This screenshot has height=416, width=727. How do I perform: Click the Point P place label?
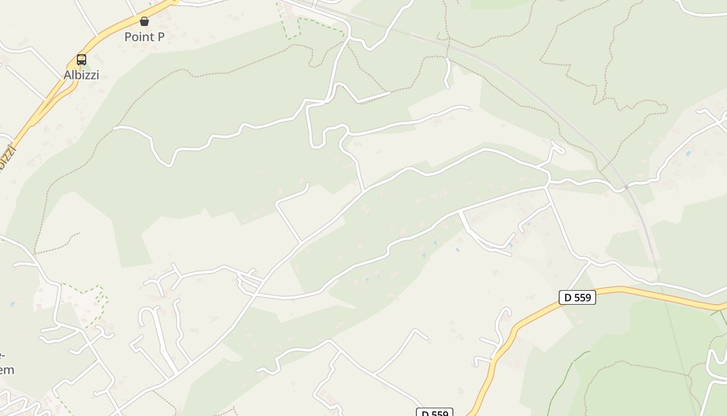(144, 37)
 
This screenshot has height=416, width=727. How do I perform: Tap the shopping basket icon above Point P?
(144, 21)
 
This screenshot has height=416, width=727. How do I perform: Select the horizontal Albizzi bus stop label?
(81, 75)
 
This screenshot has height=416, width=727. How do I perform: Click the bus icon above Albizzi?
(82, 59)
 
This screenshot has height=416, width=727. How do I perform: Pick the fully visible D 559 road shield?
(577, 297)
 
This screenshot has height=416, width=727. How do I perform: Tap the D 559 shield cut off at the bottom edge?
(435, 413)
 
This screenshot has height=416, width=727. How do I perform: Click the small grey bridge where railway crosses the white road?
(627, 186)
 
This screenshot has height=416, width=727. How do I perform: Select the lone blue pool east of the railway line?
(689, 154)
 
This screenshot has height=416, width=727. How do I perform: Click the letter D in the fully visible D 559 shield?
(568, 297)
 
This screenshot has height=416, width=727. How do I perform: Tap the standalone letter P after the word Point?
(160, 37)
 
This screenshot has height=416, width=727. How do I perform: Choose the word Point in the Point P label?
(138, 37)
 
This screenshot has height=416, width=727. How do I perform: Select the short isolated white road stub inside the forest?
(448, 73)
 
